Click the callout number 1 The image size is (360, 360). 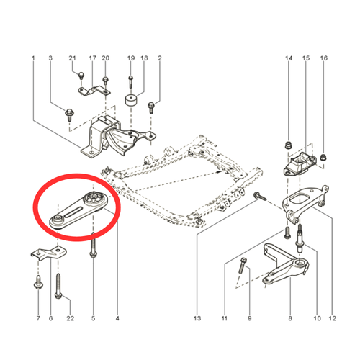point(33,58)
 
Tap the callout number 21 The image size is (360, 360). point(72,58)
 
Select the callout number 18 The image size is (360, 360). point(144,58)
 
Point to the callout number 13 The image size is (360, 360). point(197,318)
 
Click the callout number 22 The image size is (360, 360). point(71,318)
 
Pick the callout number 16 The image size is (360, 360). point(324,58)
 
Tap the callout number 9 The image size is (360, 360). point(250,318)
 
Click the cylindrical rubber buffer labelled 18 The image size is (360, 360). point(131,100)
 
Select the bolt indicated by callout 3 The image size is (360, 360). point(69,115)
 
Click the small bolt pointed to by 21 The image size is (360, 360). point(81,76)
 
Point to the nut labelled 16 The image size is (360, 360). point(324,157)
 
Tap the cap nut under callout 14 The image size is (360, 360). point(288,145)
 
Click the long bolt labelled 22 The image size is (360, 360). point(58,287)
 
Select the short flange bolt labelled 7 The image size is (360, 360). point(38,283)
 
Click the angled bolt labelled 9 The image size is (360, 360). point(243,266)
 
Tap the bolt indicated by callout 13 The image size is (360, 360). point(259,197)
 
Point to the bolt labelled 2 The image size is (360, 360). point(151,108)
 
